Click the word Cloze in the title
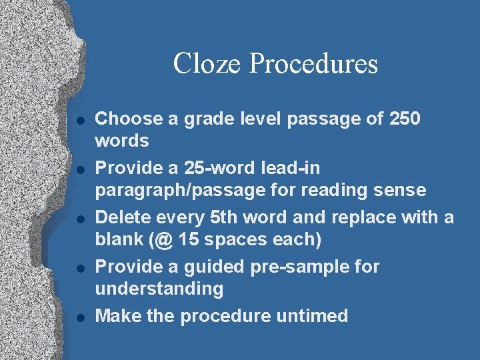tap(207, 64)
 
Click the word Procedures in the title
tap(313, 64)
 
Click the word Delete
tap(121, 217)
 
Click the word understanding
tap(159, 289)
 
